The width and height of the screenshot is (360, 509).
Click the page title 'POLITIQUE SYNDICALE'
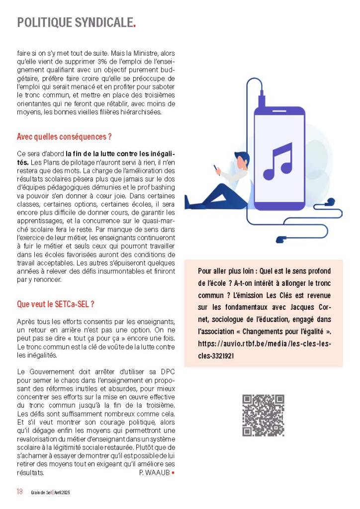tap(75, 22)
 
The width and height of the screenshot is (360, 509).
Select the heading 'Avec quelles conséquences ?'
tap(64, 136)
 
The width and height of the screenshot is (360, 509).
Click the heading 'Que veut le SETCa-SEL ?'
tap(56, 304)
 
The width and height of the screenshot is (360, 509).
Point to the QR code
tap(263, 415)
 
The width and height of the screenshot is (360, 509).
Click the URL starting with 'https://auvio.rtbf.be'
tap(264, 343)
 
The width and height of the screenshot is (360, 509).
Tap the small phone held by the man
tap(217, 167)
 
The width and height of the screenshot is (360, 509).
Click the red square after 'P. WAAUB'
tap(173, 472)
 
